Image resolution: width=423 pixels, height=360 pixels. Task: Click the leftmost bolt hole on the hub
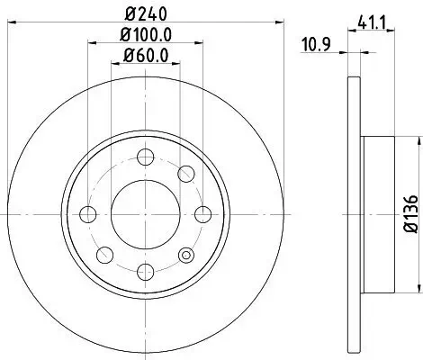pyautogui.click(x=88, y=214)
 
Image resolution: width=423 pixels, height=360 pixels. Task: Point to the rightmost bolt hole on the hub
pyautogui.click(x=202, y=214)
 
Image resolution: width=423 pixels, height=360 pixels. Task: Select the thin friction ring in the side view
pyautogui.click(x=351, y=214)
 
